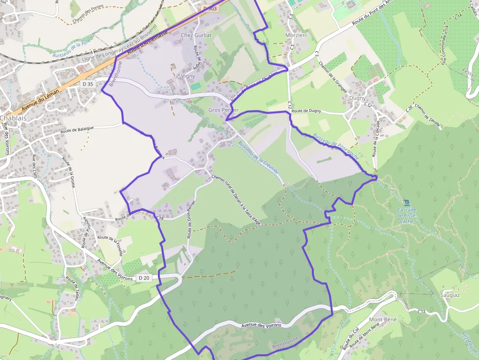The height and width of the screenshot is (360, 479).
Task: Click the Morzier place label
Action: tap(295, 35)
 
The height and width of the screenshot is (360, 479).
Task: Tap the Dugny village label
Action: tap(357, 98)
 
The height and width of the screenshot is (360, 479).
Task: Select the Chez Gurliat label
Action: tap(196, 35)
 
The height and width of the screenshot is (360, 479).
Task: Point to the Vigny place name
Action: tap(188, 76)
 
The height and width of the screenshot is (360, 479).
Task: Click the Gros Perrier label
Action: tap(223, 110)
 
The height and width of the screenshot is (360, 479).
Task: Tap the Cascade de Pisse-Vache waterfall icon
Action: tap(407, 202)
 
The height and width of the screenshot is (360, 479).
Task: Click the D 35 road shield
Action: tap(88, 84)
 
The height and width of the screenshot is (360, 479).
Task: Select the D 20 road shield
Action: tap(144, 278)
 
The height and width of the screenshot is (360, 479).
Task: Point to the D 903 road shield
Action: tap(210, 8)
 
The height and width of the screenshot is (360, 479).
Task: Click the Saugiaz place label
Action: tap(450, 295)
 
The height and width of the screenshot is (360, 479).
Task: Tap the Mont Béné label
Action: tap(383, 319)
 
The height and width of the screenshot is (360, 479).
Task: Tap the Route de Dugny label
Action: tap(306, 111)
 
